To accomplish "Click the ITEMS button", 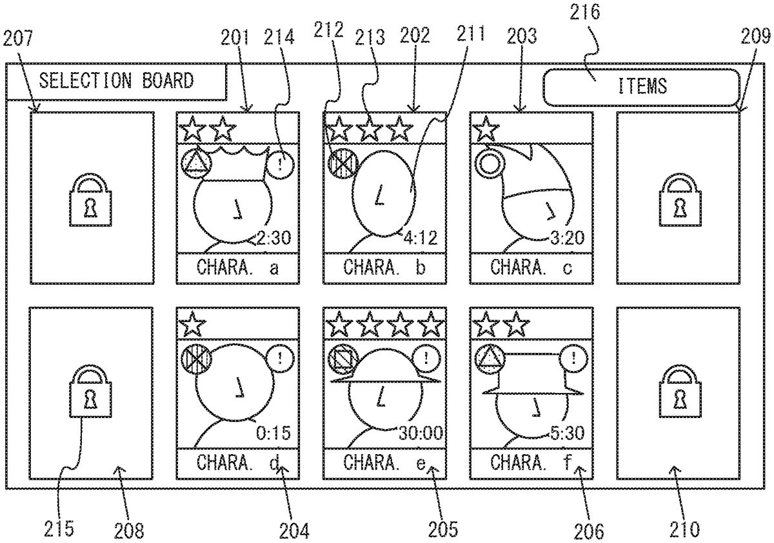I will (x=641, y=86).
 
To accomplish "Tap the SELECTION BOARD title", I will (x=116, y=81).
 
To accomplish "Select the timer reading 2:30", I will (x=274, y=238).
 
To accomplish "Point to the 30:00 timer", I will (x=421, y=433).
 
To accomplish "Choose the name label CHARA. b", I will (x=384, y=268).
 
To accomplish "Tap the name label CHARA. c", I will (x=531, y=268).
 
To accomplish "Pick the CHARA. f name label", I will (x=531, y=462).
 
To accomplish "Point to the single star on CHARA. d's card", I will (x=192, y=324).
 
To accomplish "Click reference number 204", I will (x=294, y=529).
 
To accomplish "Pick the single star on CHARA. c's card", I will (x=486, y=129).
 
